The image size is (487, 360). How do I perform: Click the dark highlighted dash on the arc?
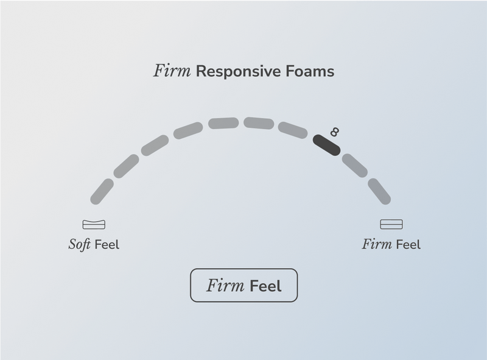click(x=326, y=145)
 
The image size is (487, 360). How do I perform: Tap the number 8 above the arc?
click(x=334, y=132)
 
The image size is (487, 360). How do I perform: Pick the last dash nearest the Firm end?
click(x=379, y=191)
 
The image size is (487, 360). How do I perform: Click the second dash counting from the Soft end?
click(x=126, y=166)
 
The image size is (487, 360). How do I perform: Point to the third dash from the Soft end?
click(x=155, y=146)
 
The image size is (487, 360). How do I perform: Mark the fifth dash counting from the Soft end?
click(x=223, y=123)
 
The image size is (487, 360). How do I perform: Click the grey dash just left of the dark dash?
click(x=293, y=130)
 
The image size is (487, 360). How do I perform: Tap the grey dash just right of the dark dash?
click(x=354, y=165)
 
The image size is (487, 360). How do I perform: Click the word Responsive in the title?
click(x=237, y=71)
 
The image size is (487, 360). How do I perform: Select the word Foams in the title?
click(x=309, y=71)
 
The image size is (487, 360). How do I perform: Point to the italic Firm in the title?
click(x=172, y=71)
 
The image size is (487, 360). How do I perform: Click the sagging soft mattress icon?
click(x=94, y=224)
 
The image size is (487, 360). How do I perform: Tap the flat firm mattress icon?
click(x=391, y=224)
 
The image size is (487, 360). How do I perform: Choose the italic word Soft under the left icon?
click(x=79, y=245)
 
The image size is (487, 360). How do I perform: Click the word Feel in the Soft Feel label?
click(x=107, y=245)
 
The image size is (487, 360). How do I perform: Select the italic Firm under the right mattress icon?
click(x=377, y=245)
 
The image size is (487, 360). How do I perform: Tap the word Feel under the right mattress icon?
click(x=408, y=245)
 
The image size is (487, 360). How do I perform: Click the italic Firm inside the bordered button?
click(x=225, y=286)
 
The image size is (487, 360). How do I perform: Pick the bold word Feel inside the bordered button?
click(x=266, y=286)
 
